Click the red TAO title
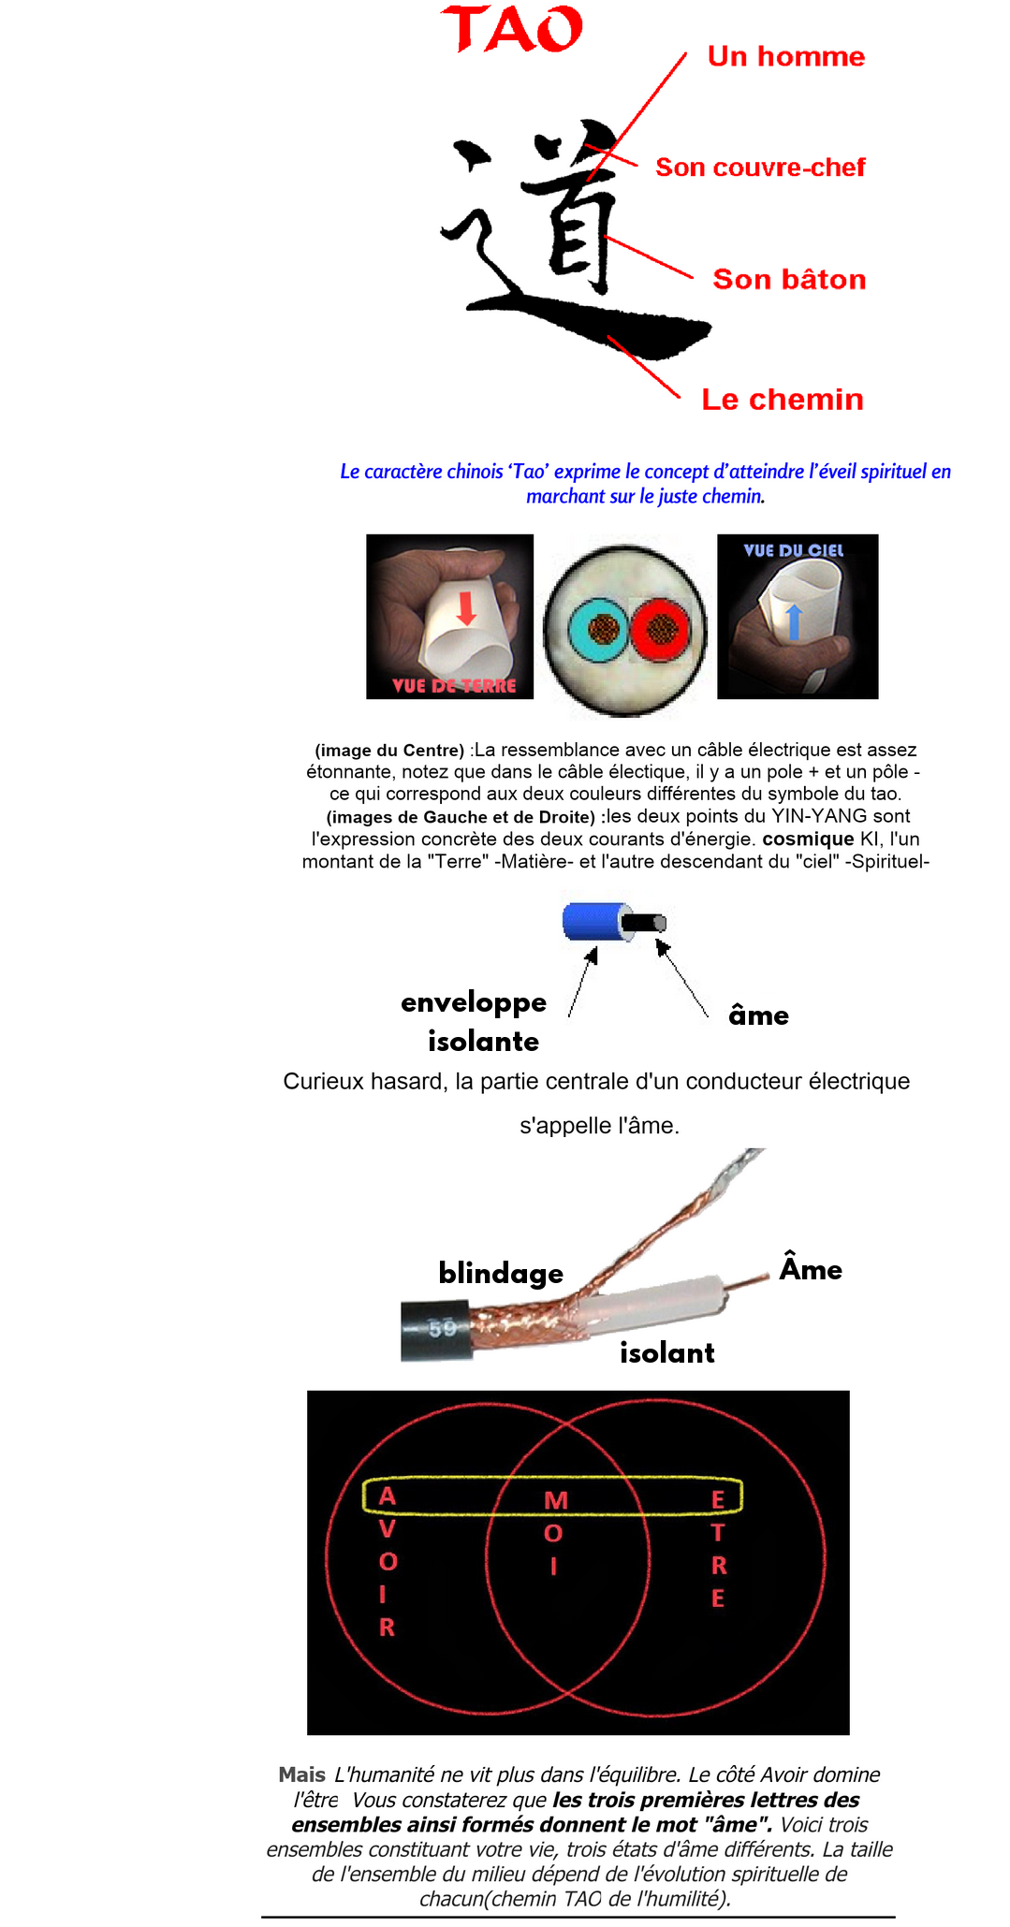pyautogui.click(x=511, y=29)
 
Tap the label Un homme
pyautogui.click(x=785, y=57)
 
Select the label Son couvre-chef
pyautogui.click(x=760, y=168)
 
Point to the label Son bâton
pyautogui.click(x=789, y=279)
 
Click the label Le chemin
pyautogui.click(x=783, y=400)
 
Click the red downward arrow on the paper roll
pyautogui.click(x=466, y=607)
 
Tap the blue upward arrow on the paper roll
pyautogui.click(x=794, y=621)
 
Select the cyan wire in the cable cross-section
pyautogui.click(x=600, y=630)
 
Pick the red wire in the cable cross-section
pyautogui.click(x=660, y=630)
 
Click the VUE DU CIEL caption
pyautogui.click(x=793, y=550)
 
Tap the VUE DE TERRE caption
pyautogui.click(x=454, y=685)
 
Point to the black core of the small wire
pyautogui.click(x=643, y=923)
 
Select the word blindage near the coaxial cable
pyautogui.click(x=501, y=1273)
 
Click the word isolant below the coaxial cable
pyautogui.click(x=666, y=1352)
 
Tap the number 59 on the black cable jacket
pyautogui.click(x=443, y=1328)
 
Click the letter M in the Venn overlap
pyautogui.click(x=556, y=1500)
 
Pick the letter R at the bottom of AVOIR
pyautogui.click(x=387, y=1628)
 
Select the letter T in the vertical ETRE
pyautogui.click(x=718, y=1533)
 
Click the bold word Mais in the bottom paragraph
pyautogui.click(x=301, y=1774)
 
